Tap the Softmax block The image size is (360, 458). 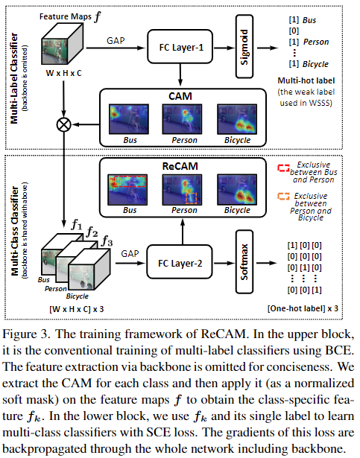[247, 262]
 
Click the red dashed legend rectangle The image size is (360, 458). [282, 168]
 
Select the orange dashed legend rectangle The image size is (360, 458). [282, 197]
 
